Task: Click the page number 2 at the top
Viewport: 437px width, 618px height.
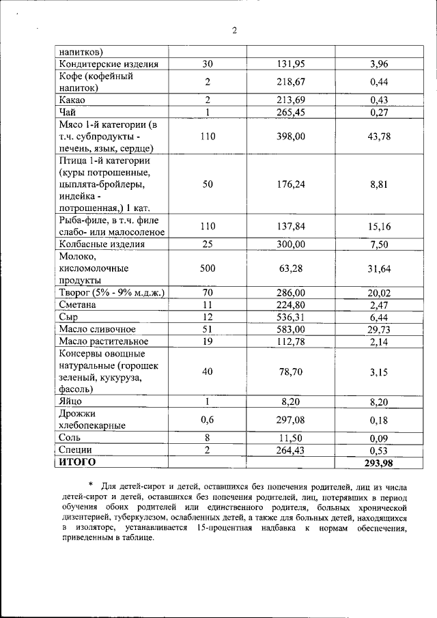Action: [x=234, y=31]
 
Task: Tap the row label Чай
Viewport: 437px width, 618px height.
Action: [x=68, y=113]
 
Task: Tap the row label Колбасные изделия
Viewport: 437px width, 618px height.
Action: [x=102, y=244]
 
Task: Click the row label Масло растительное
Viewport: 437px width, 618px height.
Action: [x=103, y=341]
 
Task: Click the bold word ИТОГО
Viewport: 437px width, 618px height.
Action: [x=76, y=462]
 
